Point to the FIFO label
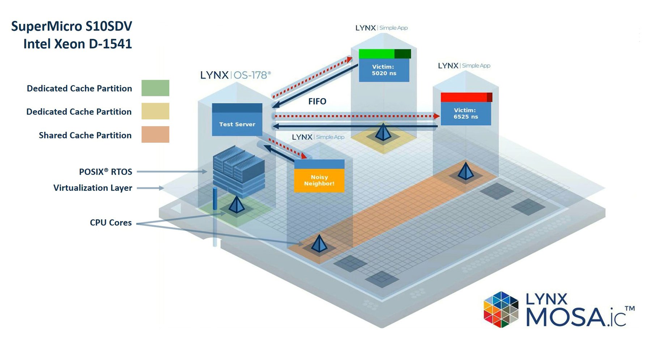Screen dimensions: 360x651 [x=317, y=101]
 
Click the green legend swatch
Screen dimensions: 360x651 [x=155, y=88]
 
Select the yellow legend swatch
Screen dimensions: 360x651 [x=155, y=111]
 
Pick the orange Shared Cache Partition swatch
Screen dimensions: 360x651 [x=155, y=134]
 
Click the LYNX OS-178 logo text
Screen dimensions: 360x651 [x=235, y=75]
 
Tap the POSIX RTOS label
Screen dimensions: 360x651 [x=106, y=171]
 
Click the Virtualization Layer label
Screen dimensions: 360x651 [x=93, y=188]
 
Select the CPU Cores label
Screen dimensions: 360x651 [x=111, y=223]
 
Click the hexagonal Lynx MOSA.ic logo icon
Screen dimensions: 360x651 [x=501, y=309]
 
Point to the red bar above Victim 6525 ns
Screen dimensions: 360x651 [x=466, y=97]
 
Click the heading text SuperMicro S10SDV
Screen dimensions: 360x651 [x=72, y=26]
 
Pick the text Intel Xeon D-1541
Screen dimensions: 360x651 [x=77, y=44]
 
